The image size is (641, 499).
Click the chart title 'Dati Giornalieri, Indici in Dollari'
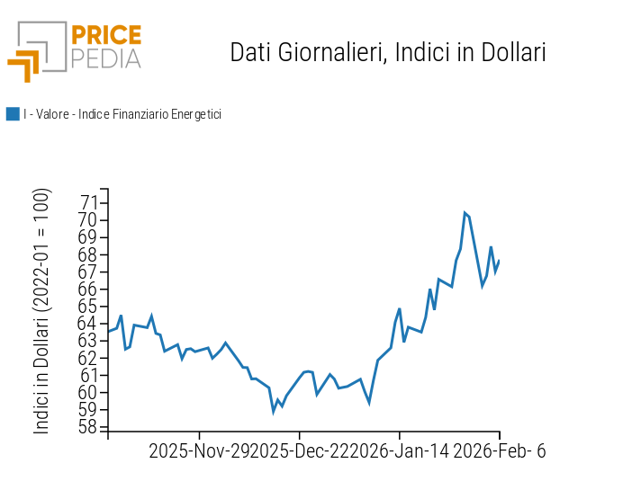[388, 52]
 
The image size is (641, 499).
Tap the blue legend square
[13, 114]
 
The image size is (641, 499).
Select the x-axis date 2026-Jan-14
[397, 451]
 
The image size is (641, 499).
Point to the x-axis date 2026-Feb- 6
[499, 451]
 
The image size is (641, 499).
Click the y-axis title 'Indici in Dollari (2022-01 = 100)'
[42, 311]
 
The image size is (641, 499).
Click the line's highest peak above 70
[465, 213]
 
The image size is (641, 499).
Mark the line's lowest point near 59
[274, 412]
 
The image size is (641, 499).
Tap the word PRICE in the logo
[105, 36]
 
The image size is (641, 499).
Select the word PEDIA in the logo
[105, 59]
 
